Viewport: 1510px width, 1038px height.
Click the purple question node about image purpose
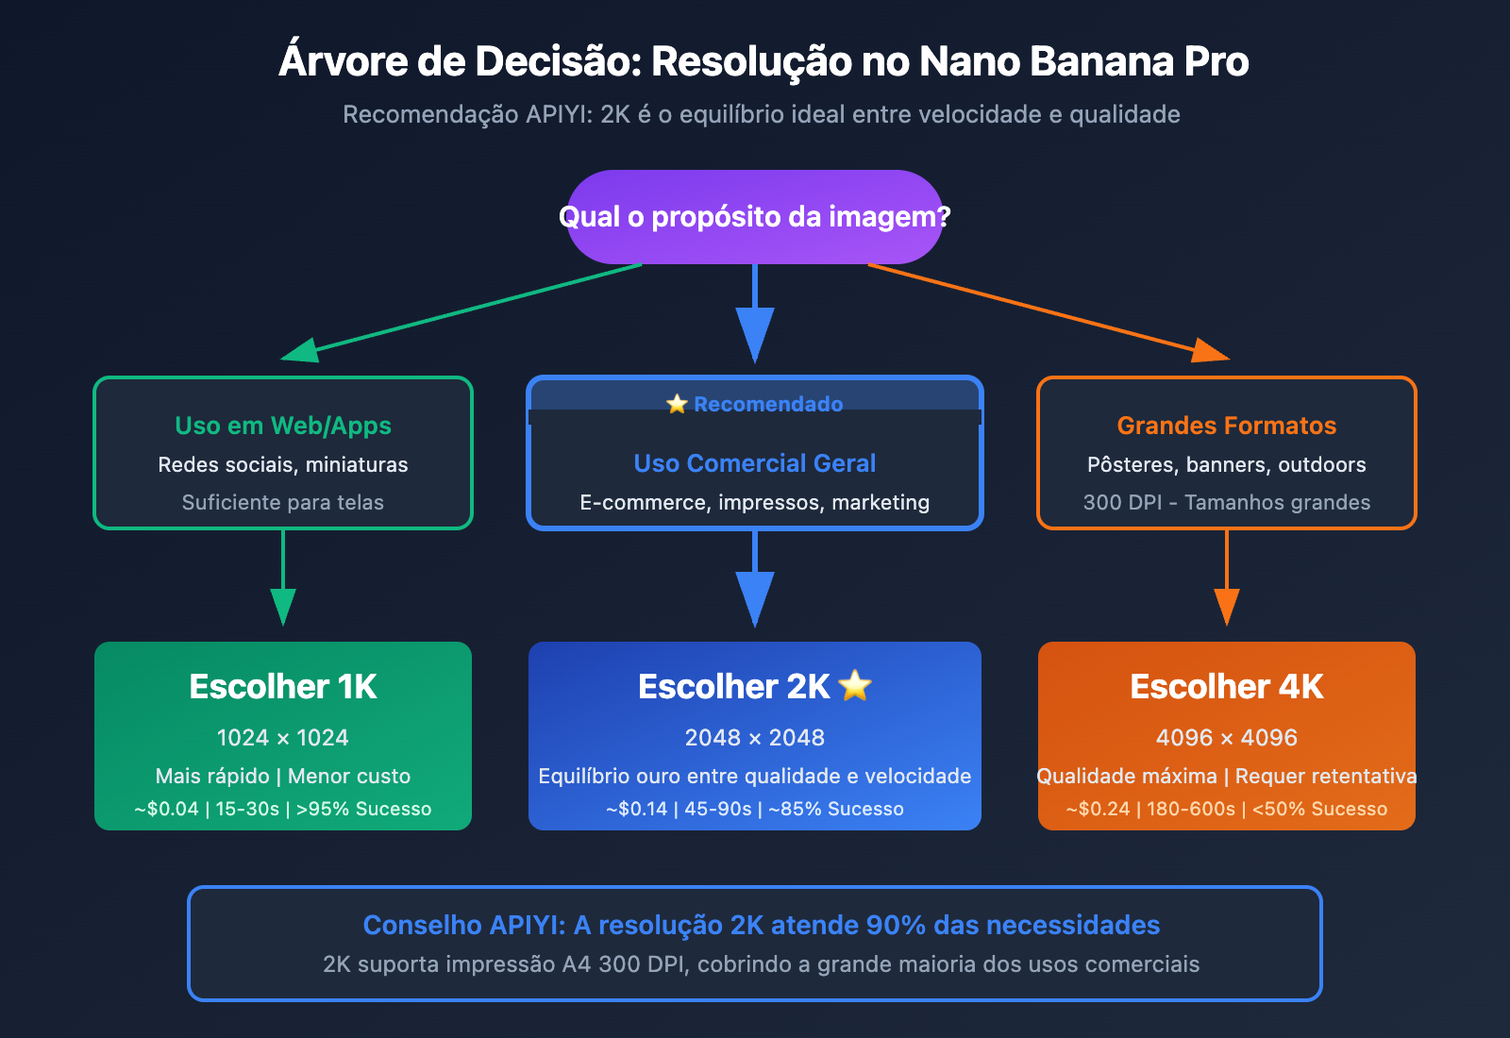[755, 217]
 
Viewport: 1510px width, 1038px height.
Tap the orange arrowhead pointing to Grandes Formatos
[1209, 351]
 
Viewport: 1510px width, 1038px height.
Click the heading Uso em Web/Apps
[283, 426]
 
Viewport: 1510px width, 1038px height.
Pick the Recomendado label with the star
[755, 404]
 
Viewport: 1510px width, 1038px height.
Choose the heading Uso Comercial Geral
[755, 463]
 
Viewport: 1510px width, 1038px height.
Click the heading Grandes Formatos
[1227, 426]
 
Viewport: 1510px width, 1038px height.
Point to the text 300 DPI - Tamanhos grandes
[1227, 502]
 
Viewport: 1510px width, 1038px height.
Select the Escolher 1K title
[283, 687]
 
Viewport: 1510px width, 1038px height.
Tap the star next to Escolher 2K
[855, 685]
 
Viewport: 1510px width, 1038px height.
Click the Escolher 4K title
[1227, 687]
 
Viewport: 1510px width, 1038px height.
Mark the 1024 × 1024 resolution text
[283, 738]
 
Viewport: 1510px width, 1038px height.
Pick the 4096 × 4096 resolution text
[1227, 738]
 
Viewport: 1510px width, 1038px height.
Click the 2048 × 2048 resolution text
[755, 738]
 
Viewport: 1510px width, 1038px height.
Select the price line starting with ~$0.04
[283, 809]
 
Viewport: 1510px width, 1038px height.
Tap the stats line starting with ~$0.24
[1227, 809]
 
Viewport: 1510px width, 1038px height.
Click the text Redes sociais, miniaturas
[283, 464]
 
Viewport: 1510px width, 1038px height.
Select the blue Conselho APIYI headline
[761, 925]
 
